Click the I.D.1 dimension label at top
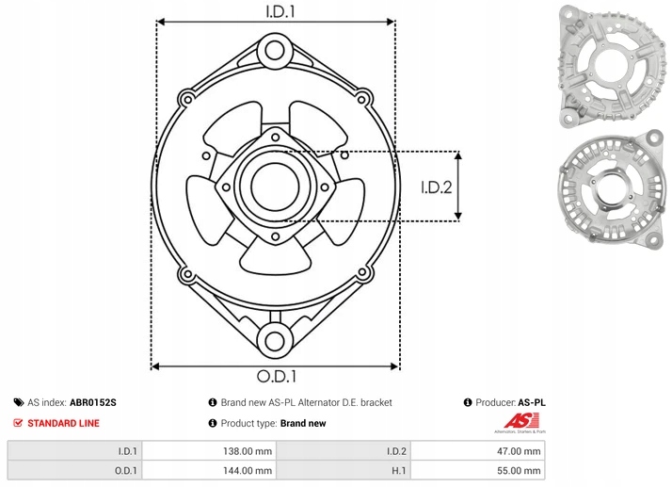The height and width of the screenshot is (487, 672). (x=275, y=11)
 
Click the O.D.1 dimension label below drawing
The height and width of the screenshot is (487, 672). (x=275, y=377)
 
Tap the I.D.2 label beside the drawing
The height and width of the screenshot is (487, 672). (x=437, y=187)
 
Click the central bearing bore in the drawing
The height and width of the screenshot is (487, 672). (x=274, y=187)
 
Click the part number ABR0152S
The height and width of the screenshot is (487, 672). (x=93, y=402)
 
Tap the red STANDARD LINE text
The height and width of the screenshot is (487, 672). (x=63, y=423)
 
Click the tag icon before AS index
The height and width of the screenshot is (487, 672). (x=18, y=402)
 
